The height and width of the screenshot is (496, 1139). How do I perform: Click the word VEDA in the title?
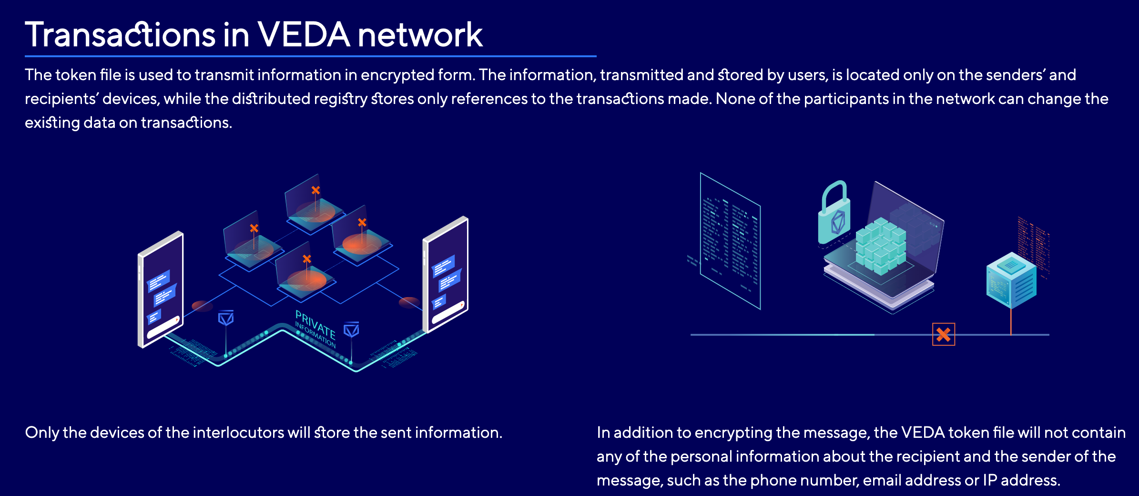point(304,35)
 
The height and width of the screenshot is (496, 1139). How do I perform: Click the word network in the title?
point(420,35)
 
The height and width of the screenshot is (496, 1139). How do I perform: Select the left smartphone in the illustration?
point(161,289)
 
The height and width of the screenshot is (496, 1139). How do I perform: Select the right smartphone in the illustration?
point(446,274)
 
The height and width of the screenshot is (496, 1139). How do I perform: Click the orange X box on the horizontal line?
point(944,334)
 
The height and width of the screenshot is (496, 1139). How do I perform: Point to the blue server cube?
point(1011,280)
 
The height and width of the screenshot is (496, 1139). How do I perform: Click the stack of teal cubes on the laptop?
point(881,246)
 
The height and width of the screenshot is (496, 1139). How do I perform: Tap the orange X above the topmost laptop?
point(315,190)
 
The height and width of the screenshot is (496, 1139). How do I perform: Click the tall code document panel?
point(730,241)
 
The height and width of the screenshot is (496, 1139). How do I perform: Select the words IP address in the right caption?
point(1021,480)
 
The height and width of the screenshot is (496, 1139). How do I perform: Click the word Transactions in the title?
point(121,35)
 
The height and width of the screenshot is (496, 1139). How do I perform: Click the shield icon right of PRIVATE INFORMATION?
point(352,330)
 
